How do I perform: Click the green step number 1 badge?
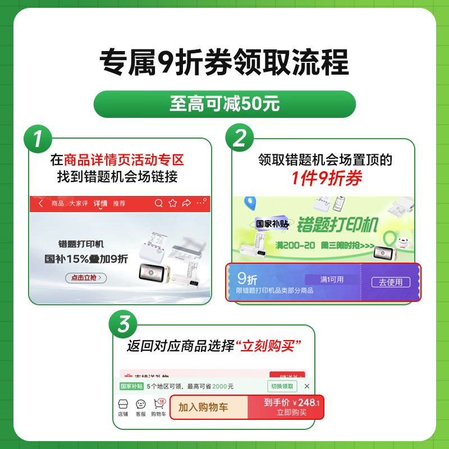[36, 138]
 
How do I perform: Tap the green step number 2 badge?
[240, 138]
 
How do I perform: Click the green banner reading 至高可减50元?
[224, 104]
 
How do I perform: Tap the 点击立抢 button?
[86, 277]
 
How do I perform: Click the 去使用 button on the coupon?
[391, 282]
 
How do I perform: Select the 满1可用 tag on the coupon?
[332, 280]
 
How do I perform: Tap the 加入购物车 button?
[208, 407]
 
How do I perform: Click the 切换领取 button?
[282, 386]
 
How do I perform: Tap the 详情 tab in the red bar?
[101, 203]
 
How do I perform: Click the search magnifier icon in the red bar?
[159, 203]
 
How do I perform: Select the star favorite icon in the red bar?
[173, 203]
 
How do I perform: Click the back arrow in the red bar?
[40, 203]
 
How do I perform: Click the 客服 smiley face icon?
[141, 405]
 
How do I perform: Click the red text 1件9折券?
[326, 178]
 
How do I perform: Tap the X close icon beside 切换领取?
[306, 386]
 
